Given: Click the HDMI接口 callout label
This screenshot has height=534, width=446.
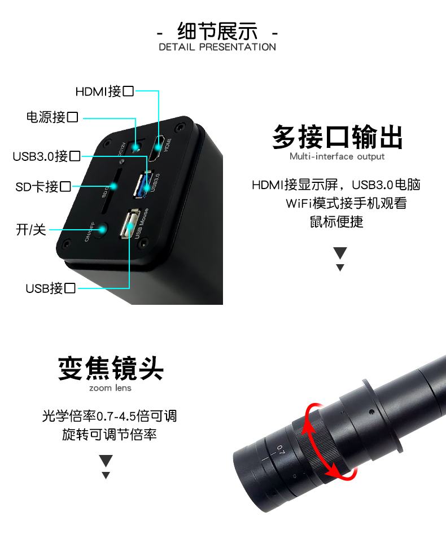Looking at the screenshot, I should tap(105, 90).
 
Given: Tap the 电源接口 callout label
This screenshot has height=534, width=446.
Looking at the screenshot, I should tap(52, 117).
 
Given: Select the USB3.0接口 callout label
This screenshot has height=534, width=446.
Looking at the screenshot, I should tap(46, 156).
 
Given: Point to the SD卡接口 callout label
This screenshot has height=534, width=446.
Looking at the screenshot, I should tap(43, 186).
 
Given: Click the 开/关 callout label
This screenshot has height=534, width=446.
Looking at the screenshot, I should tap(31, 230).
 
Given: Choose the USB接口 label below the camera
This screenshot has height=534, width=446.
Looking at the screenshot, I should tap(50, 288).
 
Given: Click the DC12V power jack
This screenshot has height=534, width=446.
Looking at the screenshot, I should tap(134, 147).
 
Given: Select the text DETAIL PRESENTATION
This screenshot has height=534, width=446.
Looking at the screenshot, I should tap(217, 47).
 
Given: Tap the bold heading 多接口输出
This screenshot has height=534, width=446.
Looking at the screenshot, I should tap(338, 137).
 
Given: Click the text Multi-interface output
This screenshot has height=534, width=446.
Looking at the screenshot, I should tap(337, 156).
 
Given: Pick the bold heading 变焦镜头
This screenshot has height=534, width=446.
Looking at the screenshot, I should tap(111, 369).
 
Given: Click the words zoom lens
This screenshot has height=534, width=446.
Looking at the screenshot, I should tap(110, 388).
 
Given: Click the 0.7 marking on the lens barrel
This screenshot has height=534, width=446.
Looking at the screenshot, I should tap(280, 450).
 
